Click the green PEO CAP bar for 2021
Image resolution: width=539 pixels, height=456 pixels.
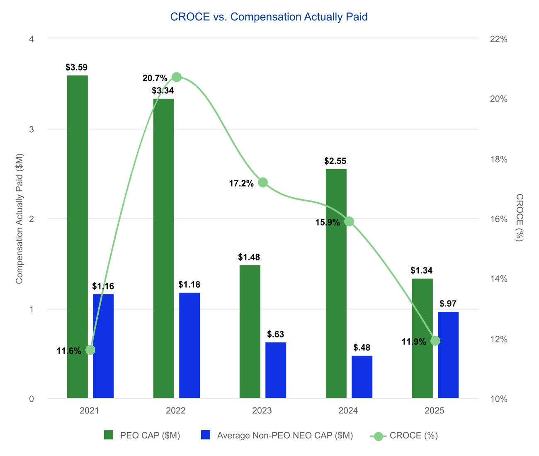coord(78,236)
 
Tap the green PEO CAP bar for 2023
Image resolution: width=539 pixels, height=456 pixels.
coord(250,332)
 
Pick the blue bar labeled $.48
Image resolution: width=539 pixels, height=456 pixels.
coord(362,377)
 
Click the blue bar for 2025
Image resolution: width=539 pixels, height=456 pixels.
coord(448,355)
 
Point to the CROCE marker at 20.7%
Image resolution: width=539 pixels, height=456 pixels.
coord(177,77)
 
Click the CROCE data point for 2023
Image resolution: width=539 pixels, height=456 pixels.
coord(263,182)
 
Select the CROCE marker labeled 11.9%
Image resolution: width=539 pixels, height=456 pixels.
coord(435,341)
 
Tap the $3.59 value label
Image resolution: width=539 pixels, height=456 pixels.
coord(77,68)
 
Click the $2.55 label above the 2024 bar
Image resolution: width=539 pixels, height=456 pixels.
coord(335,161)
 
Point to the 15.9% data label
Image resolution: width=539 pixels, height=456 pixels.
coord(328,223)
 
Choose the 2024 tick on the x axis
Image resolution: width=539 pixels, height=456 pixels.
coord(348,411)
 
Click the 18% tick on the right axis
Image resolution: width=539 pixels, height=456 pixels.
coord(499,160)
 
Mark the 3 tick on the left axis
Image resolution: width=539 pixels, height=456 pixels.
coord(31,129)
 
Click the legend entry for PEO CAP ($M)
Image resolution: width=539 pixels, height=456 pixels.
coord(142,435)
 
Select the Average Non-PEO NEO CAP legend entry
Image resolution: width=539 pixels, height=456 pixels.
coord(277,435)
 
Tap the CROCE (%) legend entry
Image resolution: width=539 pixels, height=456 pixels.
coord(404,435)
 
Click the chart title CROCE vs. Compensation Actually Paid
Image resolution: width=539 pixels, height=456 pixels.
coord(269,17)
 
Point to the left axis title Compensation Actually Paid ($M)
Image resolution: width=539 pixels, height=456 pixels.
coord(19,219)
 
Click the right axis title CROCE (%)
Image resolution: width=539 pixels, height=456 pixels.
coord(519,218)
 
